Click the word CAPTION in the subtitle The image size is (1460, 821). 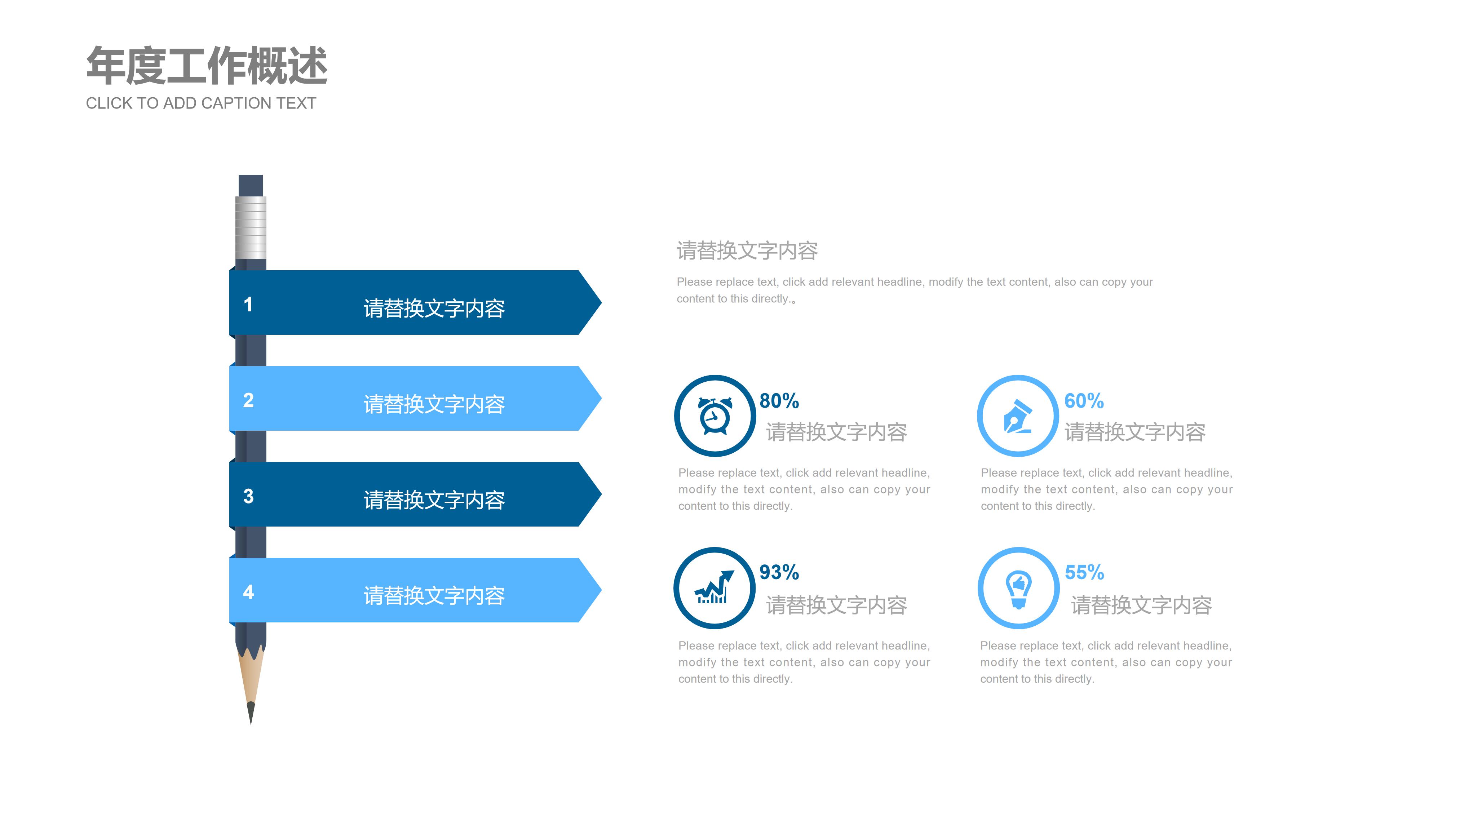(234, 103)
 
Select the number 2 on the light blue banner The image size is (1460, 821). (248, 400)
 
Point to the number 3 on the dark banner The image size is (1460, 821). (248, 496)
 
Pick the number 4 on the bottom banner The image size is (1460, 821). (248, 592)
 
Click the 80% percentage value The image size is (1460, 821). (779, 401)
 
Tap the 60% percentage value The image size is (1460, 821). (1084, 401)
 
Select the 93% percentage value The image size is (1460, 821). (779, 572)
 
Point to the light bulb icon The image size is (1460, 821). (1018, 588)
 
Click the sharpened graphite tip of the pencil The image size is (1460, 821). (251, 713)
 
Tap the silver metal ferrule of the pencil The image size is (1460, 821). (251, 227)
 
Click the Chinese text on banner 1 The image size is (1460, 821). (434, 308)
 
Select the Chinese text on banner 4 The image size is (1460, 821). (434, 595)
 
